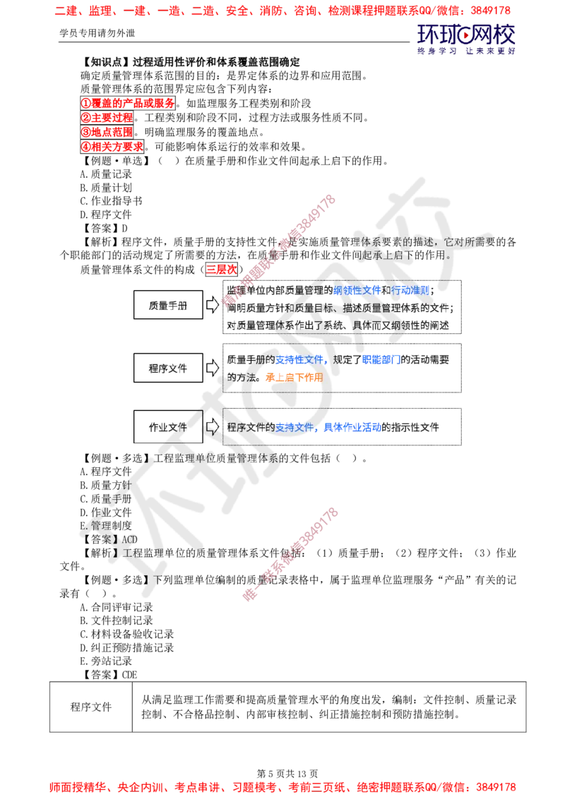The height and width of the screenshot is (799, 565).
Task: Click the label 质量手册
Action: [168, 305]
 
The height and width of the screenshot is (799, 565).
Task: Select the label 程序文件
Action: [168, 368]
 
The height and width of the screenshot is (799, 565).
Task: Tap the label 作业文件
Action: [168, 427]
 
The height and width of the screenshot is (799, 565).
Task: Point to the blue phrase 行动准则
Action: [410, 290]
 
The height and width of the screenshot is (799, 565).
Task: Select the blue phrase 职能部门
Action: [381, 359]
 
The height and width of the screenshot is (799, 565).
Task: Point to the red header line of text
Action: [282, 11]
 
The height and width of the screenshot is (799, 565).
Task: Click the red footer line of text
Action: [282, 786]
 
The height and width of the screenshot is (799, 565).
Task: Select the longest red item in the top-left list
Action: [127, 103]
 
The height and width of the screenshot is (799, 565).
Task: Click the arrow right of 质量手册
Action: [216, 305]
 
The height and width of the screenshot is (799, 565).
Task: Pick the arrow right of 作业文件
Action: [210, 428]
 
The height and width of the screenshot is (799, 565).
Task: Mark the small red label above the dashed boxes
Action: [221, 269]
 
